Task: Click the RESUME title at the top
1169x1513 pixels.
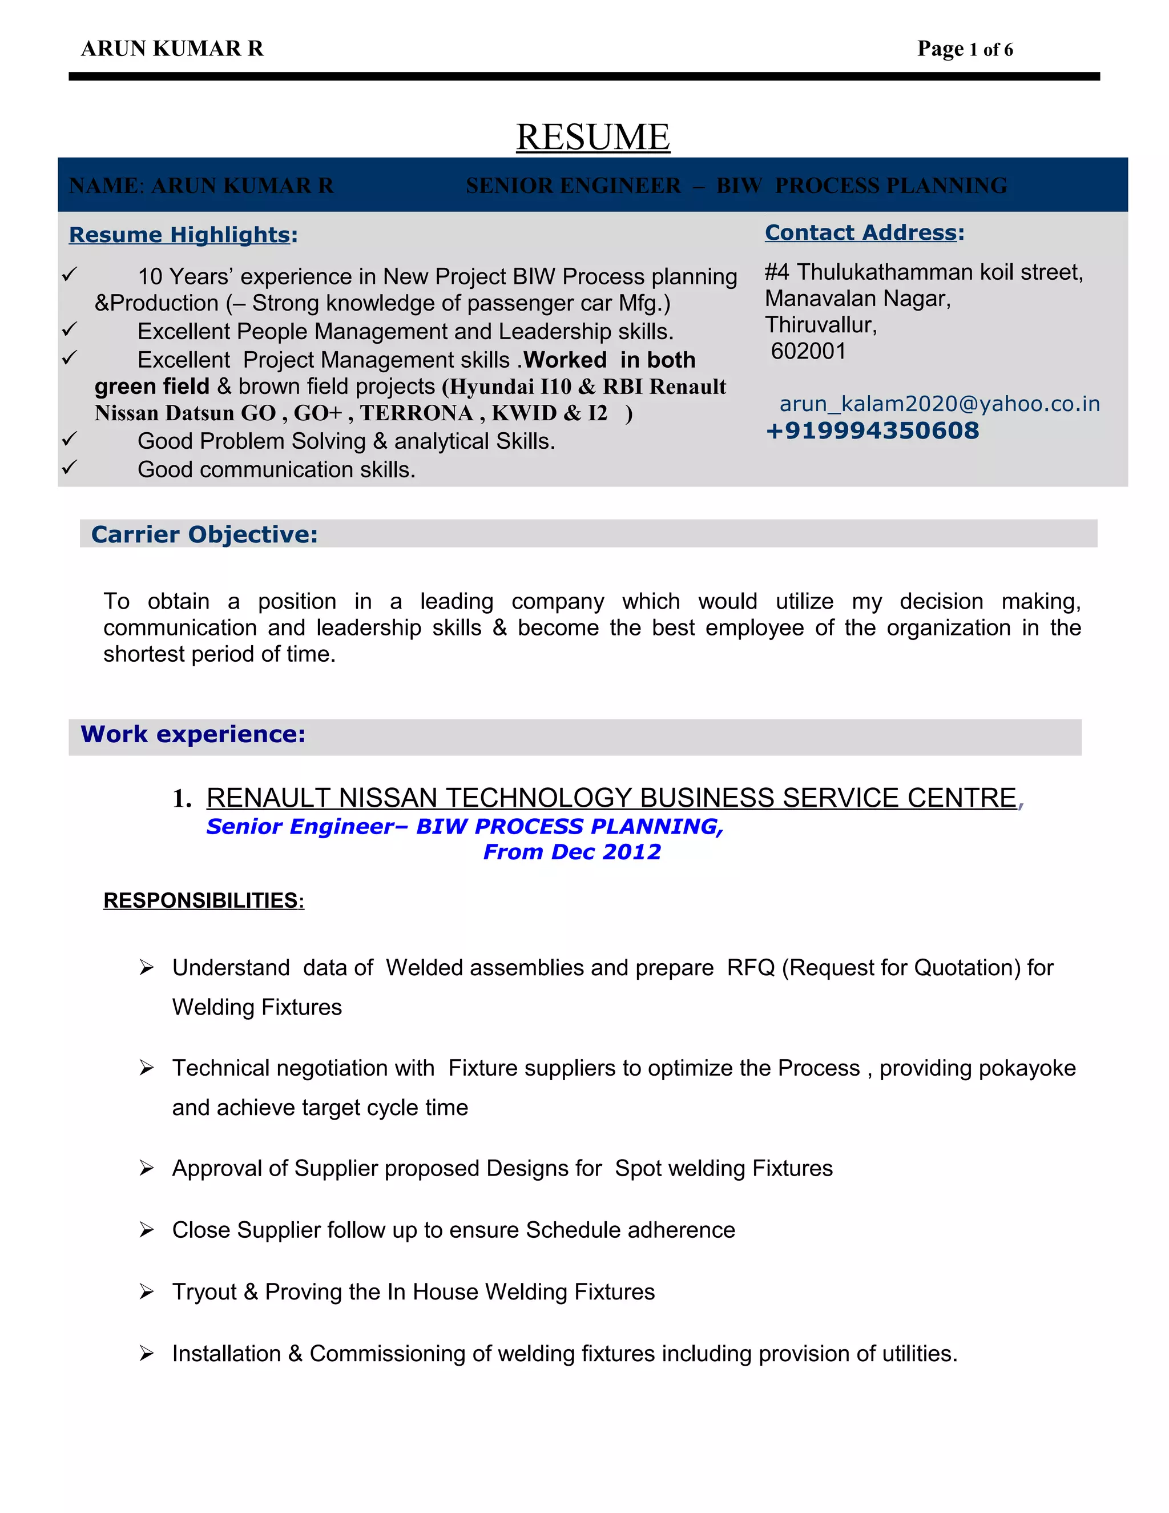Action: pyautogui.click(x=593, y=136)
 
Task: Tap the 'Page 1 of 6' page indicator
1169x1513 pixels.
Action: pyautogui.click(x=965, y=49)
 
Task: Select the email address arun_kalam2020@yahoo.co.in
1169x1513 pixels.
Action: pyautogui.click(x=940, y=404)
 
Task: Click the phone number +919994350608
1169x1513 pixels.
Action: pyautogui.click(x=872, y=431)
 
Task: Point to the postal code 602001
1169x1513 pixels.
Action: pyautogui.click(x=808, y=351)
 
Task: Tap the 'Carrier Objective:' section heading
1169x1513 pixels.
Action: pyautogui.click(x=204, y=534)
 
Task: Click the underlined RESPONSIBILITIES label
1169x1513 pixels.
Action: pyautogui.click(x=204, y=900)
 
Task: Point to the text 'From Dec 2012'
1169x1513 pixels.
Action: pyautogui.click(x=572, y=851)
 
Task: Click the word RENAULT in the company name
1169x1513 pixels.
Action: pyautogui.click(x=269, y=798)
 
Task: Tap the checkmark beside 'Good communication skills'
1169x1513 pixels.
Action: pyautogui.click(x=69, y=468)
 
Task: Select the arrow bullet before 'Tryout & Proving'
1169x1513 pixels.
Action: pyautogui.click(x=146, y=1291)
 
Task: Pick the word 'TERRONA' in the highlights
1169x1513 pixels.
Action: pyautogui.click(x=417, y=413)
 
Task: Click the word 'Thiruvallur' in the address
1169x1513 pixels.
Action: pyautogui.click(x=821, y=325)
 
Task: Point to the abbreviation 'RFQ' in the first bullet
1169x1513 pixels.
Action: pyautogui.click(x=751, y=967)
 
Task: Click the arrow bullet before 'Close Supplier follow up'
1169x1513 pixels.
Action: pyautogui.click(x=146, y=1230)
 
